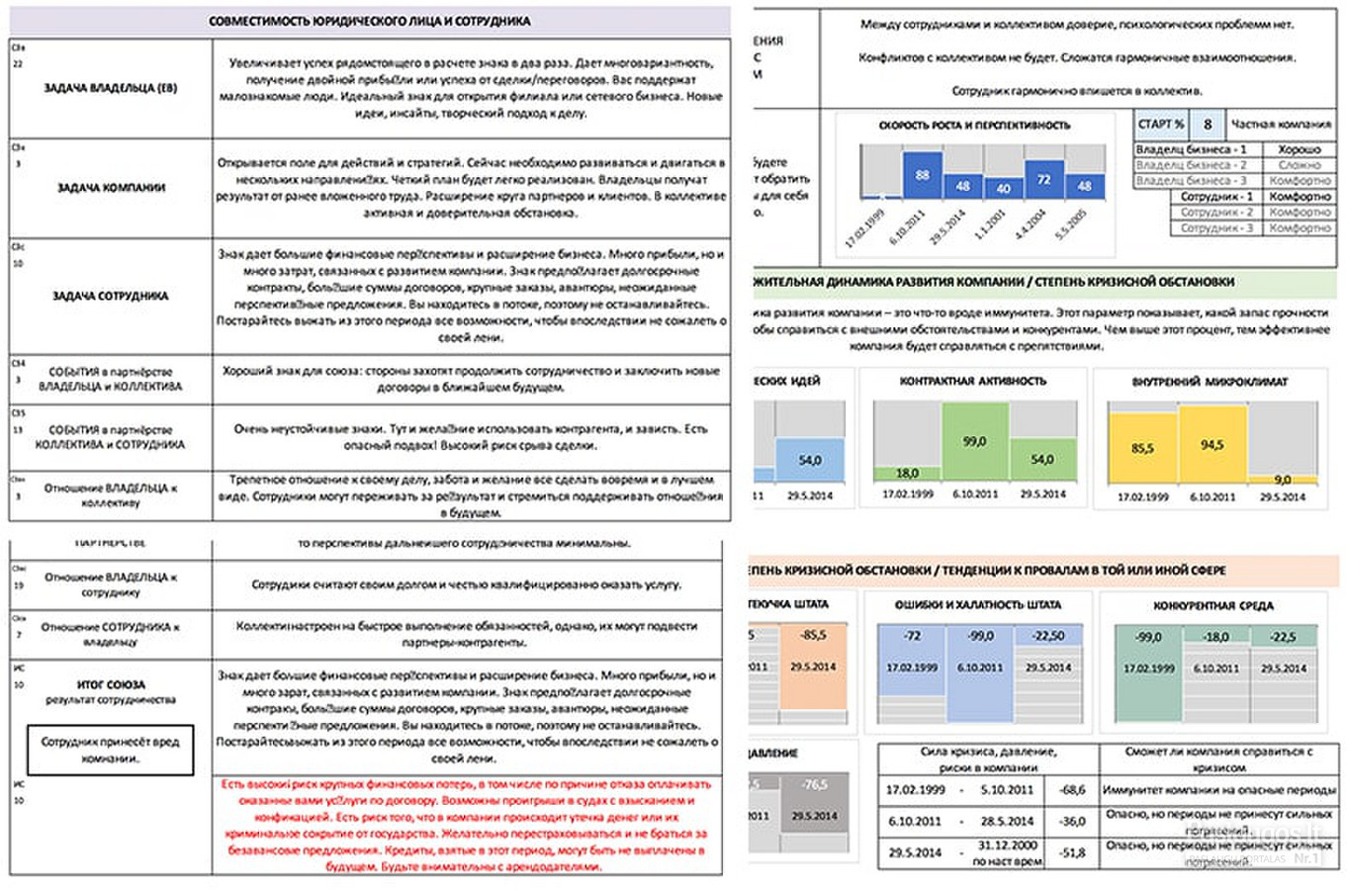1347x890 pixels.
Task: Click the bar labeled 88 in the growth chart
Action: coord(922,175)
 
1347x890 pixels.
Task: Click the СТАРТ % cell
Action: coord(1161,125)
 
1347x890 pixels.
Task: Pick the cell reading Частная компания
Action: coord(1281,125)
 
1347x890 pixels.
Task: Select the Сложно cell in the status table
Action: coord(1299,165)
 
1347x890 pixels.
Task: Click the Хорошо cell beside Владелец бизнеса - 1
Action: coord(1299,149)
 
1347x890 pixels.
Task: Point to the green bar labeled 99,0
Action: coord(975,441)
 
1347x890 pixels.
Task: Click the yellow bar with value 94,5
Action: coord(1212,447)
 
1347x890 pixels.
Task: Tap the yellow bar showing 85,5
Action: coord(1142,449)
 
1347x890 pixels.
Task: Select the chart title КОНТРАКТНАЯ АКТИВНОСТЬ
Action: coord(972,381)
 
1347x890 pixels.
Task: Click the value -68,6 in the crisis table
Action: coord(1072,790)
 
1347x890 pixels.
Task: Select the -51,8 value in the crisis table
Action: coord(1072,852)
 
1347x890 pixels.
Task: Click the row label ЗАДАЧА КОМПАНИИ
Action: coord(111,188)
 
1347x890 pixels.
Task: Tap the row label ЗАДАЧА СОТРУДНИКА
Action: coord(111,296)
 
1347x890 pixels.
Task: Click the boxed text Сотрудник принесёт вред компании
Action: coord(110,750)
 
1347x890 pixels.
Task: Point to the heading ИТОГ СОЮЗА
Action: coord(111,684)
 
